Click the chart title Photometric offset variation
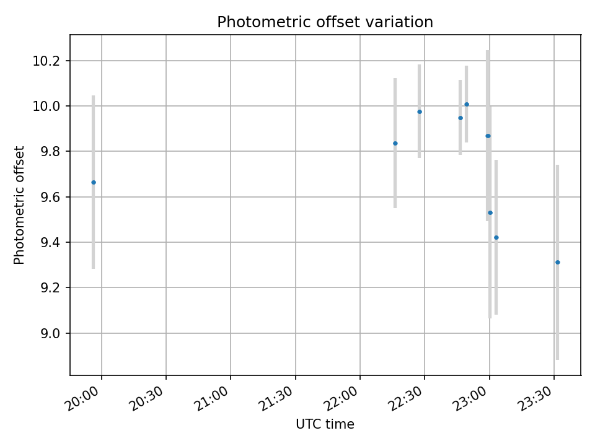(x=325, y=22)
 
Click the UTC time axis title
(x=325, y=424)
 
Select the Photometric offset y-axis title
(x=19, y=205)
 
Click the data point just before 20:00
(x=94, y=182)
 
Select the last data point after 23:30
(x=558, y=262)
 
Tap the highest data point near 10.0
(x=467, y=104)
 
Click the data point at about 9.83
(x=395, y=143)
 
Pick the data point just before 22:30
(x=420, y=111)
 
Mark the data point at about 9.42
(x=496, y=237)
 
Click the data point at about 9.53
(x=490, y=212)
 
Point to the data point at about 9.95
(x=461, y=118)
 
